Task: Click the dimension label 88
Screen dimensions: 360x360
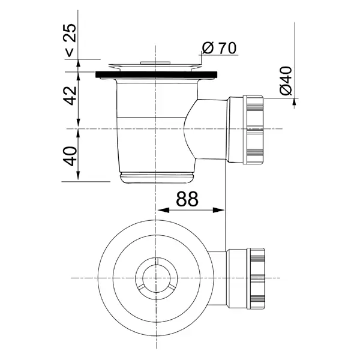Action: [x=187, y=199]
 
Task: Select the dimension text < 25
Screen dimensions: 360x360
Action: [x=70, y=40]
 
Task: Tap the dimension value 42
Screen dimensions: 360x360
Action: [x=70, y=95]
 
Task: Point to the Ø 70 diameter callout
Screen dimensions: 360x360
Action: [x=219, y=48]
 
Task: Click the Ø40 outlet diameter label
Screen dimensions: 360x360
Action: [x=286, y=80]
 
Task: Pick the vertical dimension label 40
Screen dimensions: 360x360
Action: [x=70, y=156]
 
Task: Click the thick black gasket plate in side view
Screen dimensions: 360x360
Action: [x=157, y=74]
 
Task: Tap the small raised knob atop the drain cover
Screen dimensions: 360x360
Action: [x=155, y=62]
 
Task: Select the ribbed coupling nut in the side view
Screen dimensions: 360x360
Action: [x=253, y=130]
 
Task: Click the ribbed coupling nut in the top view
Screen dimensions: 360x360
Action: [x=256, y=278]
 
